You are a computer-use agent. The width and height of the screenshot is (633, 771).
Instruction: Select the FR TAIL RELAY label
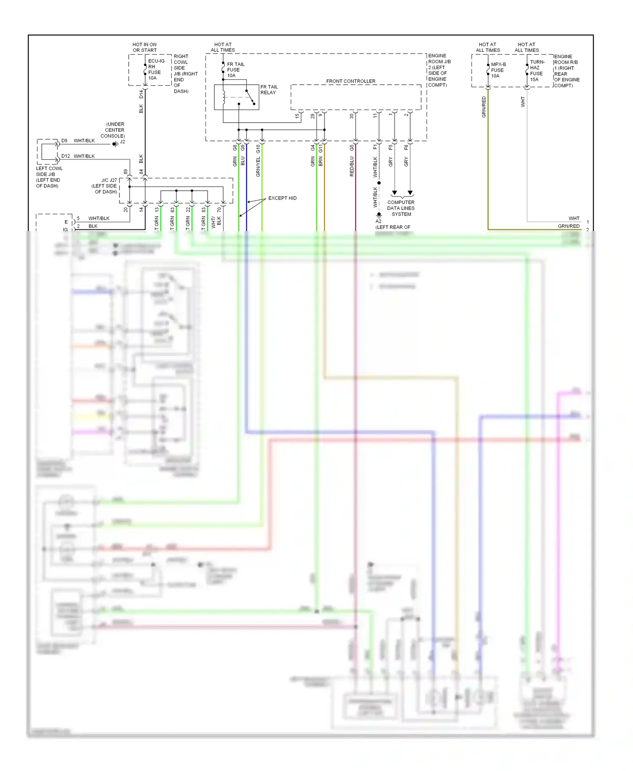(x=269, y=90)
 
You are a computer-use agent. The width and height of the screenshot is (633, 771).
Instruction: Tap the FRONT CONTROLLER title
(x=351, y=81)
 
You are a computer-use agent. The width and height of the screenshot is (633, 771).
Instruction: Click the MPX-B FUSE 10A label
(x=498, y=70)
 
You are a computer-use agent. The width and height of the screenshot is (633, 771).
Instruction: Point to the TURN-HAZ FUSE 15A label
(x=537, y=70)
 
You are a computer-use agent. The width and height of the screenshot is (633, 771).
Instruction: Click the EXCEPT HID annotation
(x=282, y=198)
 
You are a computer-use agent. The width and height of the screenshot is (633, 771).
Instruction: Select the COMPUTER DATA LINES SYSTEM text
(x=401, y=208)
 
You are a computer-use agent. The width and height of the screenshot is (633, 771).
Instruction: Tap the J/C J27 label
(x=109, y=180)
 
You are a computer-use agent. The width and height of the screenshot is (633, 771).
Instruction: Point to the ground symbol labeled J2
(x=115, y=144)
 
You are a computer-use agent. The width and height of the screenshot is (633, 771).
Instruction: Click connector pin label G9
(x=243, y=148)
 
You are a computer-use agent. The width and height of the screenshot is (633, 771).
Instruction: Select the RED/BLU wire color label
(x=352, y=166)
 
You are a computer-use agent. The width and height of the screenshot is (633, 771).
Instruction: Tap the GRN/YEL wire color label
(x=258, y=166)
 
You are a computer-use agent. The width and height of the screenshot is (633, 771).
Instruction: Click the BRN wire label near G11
(x=320, y=161)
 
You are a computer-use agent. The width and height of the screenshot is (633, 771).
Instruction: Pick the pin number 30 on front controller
(x=352, y=116)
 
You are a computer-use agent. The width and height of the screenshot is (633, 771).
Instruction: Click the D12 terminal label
(x=65, y=156)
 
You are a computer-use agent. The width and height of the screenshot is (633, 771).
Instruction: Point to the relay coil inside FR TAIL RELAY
(x=224, y=97)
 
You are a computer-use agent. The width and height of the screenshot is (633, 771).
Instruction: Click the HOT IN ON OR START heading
(x=144, y=47)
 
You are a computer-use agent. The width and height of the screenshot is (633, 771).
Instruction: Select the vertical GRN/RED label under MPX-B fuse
(x=484, y=107)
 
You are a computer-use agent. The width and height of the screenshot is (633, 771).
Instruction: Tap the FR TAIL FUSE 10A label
(x=235, y=70)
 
